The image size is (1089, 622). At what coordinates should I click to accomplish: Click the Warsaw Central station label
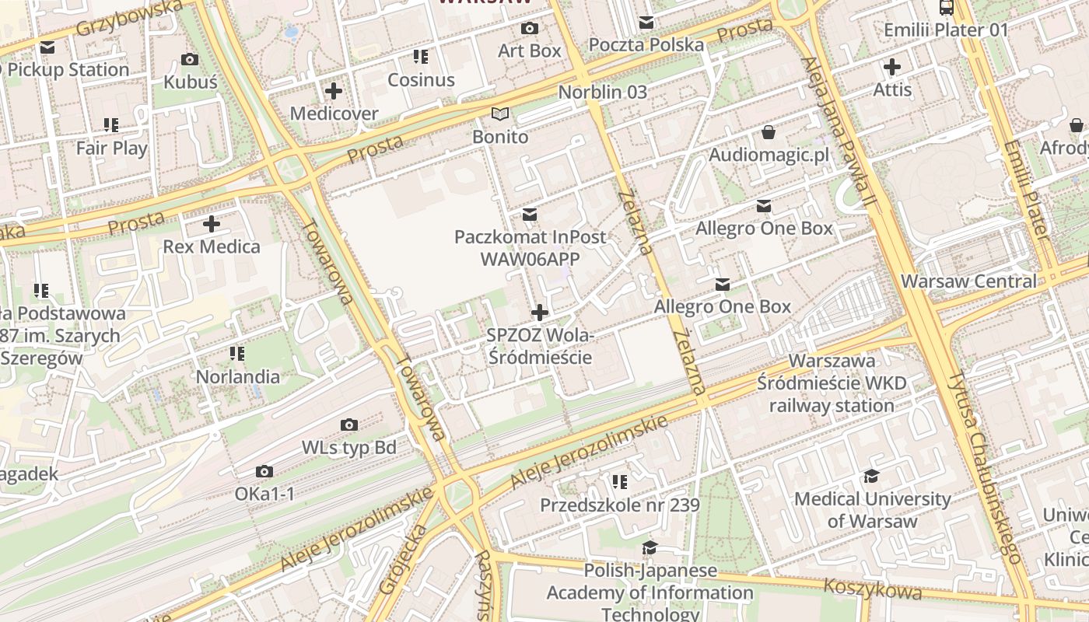tap(968, 281)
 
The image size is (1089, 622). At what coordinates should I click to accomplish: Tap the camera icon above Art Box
tap(530, 29)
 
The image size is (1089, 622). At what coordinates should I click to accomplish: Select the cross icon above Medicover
tap(334, 92)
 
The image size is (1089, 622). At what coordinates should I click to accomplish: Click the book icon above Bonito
tap(500, 114)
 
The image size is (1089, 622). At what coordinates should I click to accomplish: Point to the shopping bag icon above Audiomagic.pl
tap(769, 132)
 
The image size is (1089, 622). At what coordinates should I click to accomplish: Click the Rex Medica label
tap(212, 247)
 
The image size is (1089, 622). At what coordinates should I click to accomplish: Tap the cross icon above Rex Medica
tap(212, 225)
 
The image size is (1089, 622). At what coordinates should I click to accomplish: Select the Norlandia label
tap(238, 377)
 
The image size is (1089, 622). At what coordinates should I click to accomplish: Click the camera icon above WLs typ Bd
tap(349, 425)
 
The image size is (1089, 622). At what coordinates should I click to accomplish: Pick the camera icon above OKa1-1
tap(264, 472)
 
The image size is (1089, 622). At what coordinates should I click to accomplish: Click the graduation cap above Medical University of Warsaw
tap(871, 476)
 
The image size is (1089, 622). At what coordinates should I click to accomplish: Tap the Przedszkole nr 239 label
tap(620, 505)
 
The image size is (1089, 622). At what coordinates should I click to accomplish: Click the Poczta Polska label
tap(646, 45)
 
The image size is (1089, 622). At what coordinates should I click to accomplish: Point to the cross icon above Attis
tap(892, 67)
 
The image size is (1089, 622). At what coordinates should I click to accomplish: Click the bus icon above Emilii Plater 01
tap(947, 8)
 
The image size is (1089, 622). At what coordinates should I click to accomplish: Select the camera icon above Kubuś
tap(189, 59)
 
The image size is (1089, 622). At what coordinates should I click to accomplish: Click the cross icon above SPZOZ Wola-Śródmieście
tap(539, 313)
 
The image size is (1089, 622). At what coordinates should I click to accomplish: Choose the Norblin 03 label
tap(603, 92)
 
